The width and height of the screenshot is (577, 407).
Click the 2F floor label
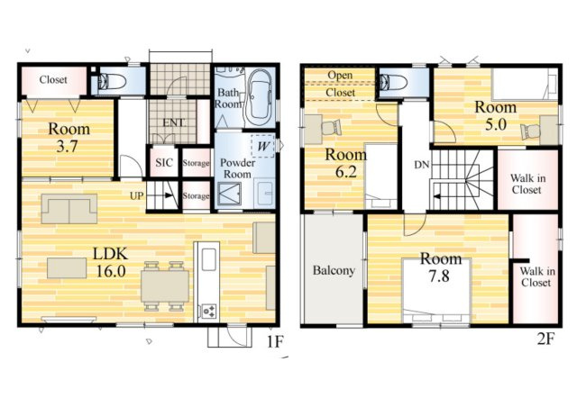click(x=545, y=339)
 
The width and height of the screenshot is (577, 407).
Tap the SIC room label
click(x=164, y=162)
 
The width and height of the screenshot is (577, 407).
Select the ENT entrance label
click(x=174, y=122)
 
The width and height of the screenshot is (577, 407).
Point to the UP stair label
click(x=136, y=196)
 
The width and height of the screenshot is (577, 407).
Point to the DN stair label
click(x=422, y=165)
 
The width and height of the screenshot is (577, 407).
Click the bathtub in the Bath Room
click(x=260, y=98)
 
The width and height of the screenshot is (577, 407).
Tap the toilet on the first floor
click(x=110, y=81)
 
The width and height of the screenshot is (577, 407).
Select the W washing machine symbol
click(x=263, y=147)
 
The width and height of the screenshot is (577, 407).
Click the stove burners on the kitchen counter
click(x=208, y=311)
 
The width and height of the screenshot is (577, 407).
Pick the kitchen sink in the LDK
click(x=208, y=258)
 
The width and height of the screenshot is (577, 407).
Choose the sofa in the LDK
click(x=69, y=209)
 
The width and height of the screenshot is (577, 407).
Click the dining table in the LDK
click(x=165, y=285)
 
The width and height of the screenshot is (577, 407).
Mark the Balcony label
click(x=334, y=271)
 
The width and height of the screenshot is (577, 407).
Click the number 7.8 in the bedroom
click(x=439, y=276)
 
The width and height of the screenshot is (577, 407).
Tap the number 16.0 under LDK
click(x=110, y=271)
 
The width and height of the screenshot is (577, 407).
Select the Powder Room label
click(x=237, y=168)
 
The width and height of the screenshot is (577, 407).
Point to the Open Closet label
click(x=340, y=84)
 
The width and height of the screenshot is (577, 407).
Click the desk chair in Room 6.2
click(x=332, y=127)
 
